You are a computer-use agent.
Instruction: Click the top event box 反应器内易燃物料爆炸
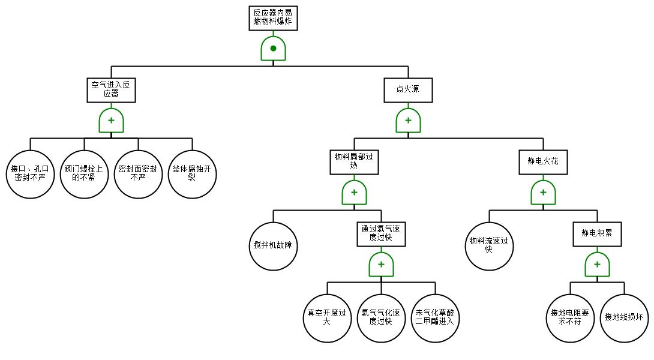click(273, 17)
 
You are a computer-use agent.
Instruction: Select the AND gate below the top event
click(273, 48)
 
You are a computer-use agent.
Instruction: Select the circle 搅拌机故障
click(273, 246)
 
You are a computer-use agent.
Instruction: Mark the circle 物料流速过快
click(489, 246)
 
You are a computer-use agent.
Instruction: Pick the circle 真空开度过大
click(327, 318)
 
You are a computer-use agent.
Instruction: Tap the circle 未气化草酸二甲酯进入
click(435, 318)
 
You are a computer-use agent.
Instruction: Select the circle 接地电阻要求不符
click(570, 318)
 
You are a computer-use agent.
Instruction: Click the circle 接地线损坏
click(624, 318)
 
